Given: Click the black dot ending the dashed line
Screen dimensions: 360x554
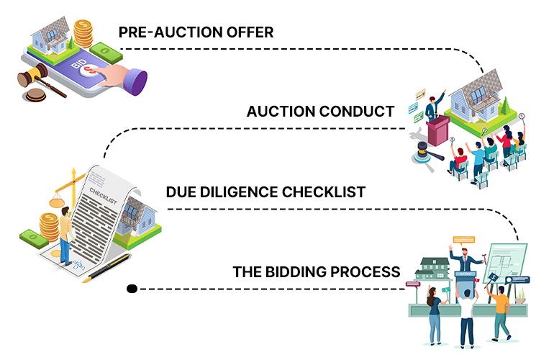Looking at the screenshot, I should tap(132, 289).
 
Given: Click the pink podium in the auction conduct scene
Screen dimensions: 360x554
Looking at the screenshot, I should tap(436, 134).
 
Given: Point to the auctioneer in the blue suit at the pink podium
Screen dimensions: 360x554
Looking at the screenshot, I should tap(432, 107).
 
